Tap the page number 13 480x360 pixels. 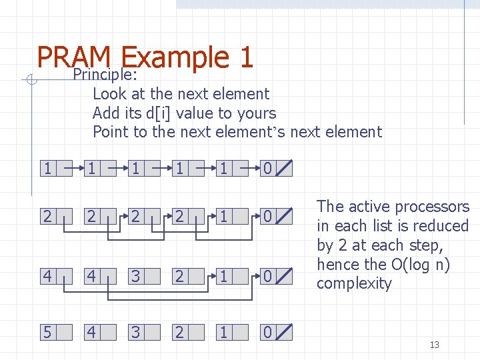(x=435, y=345)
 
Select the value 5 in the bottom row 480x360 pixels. (x=46, y=331)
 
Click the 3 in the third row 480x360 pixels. (x=135, y=275)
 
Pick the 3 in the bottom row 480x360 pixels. (x=135, y=331)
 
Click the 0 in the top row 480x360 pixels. (x=267, y=169)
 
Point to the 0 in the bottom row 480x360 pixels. (x=267, y=331)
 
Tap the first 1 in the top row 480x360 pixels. (x=46, y=169)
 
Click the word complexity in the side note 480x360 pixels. (x=354, y=283)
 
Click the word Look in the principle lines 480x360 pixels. (x=109, y=94)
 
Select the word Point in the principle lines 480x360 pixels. (x=111, y=132)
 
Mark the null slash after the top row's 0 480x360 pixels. (x=283, y=169)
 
